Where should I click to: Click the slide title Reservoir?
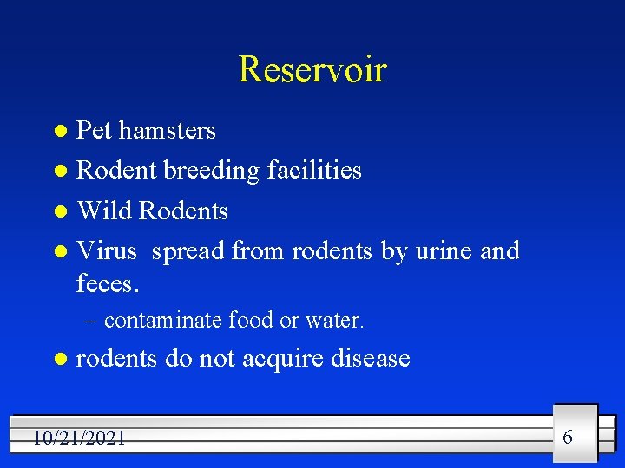pos(312,69)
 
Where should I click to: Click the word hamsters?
pos(168,131)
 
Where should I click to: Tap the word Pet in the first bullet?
pos(95,131)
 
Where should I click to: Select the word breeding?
pos(211,171)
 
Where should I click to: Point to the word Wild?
pos(104,211)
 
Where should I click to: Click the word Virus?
pos(107,251)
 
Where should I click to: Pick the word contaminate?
pos(163,321)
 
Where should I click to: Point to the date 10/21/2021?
pos(79,439)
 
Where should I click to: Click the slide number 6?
pos(568,437)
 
